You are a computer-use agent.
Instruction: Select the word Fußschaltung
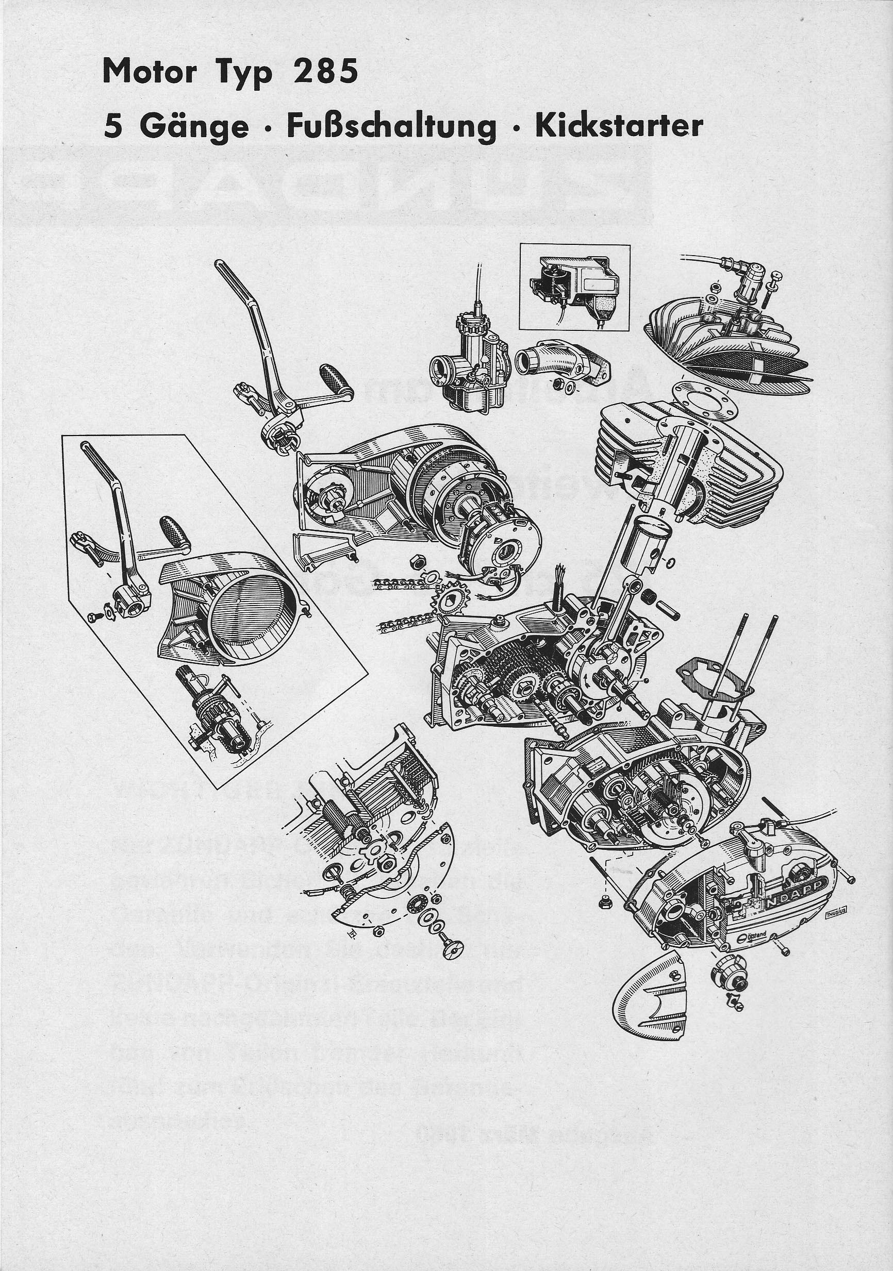(x=391, y=127)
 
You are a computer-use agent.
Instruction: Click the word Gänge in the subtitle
(x=194, y=127)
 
